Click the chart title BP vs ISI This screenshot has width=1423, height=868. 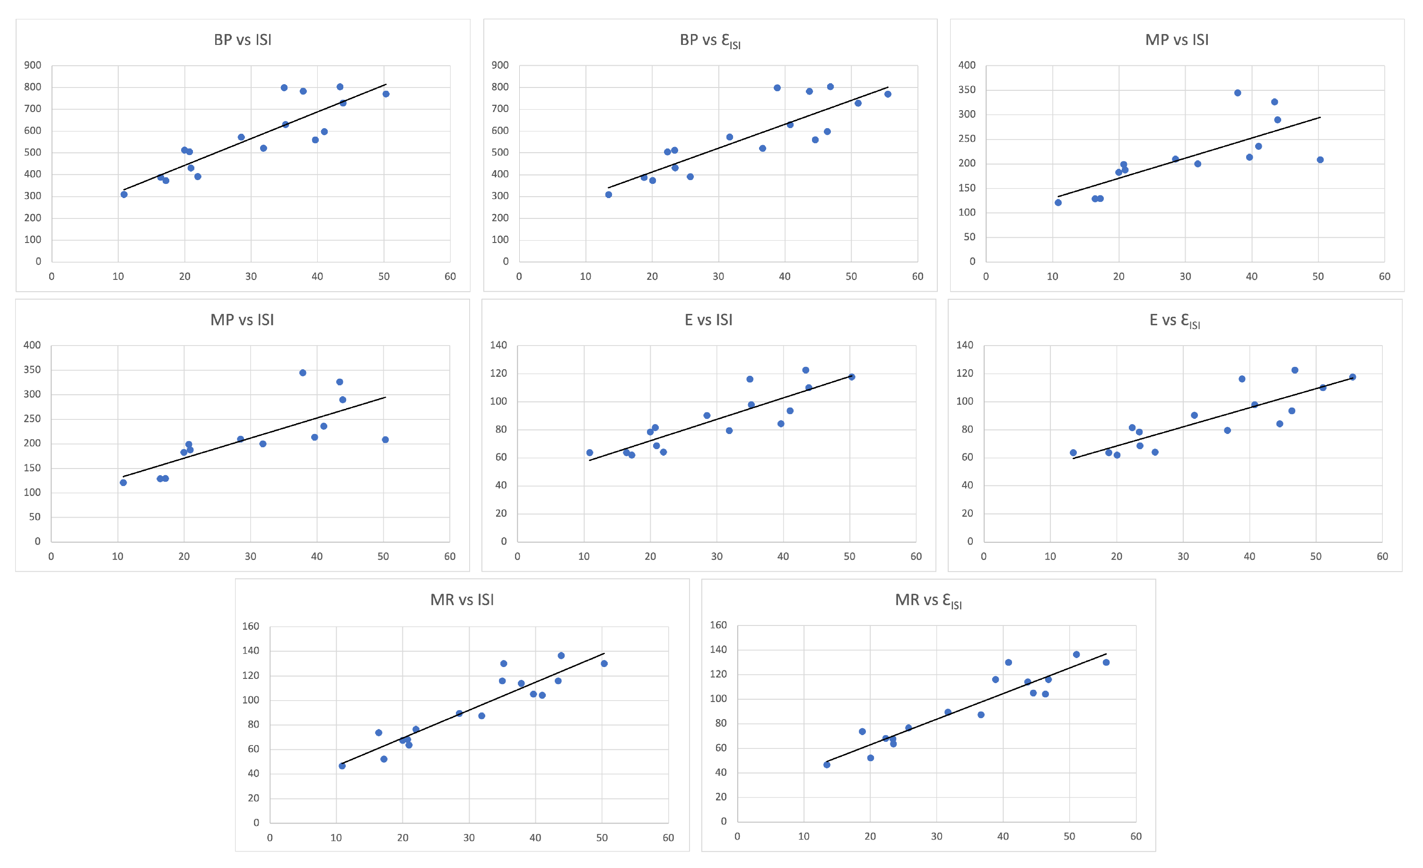pos(243,39)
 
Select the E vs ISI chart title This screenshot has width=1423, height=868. pos(708,320)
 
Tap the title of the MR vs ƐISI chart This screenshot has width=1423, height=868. pos(928,600)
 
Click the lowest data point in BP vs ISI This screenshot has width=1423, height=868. pos(124,195)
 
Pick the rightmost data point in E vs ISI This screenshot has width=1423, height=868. pos(851,377)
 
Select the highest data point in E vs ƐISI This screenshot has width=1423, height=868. pos(1295,370)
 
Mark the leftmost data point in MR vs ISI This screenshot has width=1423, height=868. pos(342,766)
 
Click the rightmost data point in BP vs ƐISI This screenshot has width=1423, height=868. pos(888,94)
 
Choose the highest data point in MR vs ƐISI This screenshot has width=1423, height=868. pos(1076,654)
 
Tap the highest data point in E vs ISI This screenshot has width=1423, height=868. pos(806,370)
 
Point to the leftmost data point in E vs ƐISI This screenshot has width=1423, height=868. pos(1073,453)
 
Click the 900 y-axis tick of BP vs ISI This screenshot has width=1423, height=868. pos(32,65)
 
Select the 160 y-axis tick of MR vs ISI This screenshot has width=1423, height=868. pos(251,626)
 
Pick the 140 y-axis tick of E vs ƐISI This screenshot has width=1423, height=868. pos(964,345)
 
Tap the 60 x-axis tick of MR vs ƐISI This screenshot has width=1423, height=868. pos(1135,836)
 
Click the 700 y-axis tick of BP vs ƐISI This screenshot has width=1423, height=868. pos(500,109)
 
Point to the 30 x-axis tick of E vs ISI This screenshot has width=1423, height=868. pos(716,556)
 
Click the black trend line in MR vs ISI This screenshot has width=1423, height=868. pos(473,709)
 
